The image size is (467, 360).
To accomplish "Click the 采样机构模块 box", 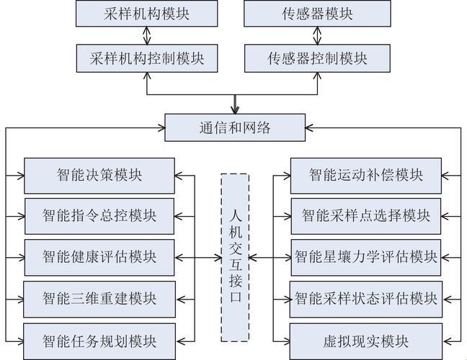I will pos(147,13).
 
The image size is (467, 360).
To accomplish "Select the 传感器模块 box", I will pos(317,13).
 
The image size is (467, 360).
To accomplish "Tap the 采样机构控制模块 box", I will pos(147,58).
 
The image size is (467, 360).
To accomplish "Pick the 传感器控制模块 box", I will pos(317,58).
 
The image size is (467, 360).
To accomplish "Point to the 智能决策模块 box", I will pos(99,174).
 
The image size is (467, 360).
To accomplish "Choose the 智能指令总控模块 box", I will pos(99,215).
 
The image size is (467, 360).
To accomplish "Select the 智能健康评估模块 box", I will pos(99,256).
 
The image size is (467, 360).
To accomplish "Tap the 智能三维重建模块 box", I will pos(99,297).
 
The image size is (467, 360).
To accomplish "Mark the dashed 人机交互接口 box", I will pos(234,256).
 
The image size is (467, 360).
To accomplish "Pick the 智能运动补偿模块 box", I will pos(365,174).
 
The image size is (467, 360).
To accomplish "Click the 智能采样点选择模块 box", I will pos(365,215).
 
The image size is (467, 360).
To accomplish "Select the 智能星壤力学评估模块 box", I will pos(365,256).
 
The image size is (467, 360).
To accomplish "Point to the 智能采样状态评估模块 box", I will pos(365,297).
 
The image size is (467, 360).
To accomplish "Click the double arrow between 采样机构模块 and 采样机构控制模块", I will pos(147,35).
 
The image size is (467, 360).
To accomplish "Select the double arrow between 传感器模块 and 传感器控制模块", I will pos(317,35).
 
